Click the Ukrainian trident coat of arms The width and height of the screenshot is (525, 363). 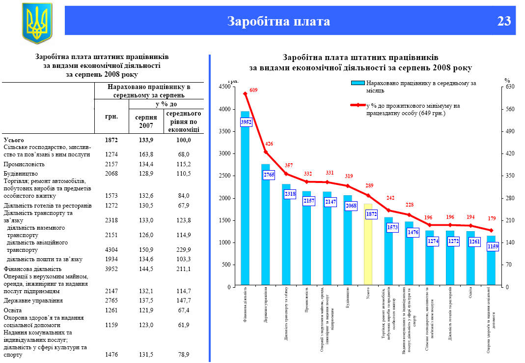pyautogui.click(x=37, y=23)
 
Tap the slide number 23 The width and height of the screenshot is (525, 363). pyautogui.click(x=504, y=21)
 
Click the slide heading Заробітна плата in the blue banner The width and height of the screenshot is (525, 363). pyautogui.click(x=278, y=21)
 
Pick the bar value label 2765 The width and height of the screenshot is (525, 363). pyautogui.click(x=269, y=175)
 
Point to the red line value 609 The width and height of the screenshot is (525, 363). pyautogui.click(x=253, y=90)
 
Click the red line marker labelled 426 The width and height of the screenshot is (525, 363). pyautogui.click(x=266, y=152)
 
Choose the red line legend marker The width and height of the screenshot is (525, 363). pyautogui.click(x=358, y=105)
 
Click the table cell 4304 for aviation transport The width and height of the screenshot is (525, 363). pyautogui.click(x=111, y=249)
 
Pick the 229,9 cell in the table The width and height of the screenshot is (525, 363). pyautogui.click(x=184, y=249)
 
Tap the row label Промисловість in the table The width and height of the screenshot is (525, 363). pyautogui.click(x=25, y=164)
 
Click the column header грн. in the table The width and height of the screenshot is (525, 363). pyautogui.click(x=111, y=118)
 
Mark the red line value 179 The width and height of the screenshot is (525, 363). pyautogui.click(x=492, y=218)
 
